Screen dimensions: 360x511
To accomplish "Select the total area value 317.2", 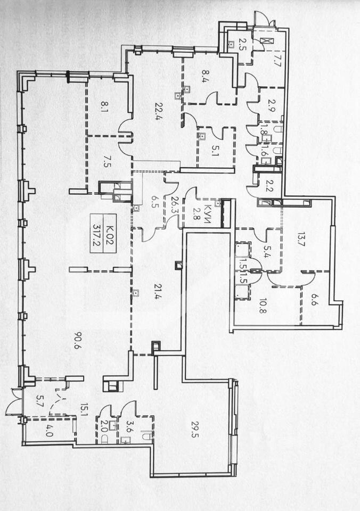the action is click(96, 233).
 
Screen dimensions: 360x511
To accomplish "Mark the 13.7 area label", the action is click(301, 240).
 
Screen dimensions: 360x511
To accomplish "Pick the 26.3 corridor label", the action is click(174, 204).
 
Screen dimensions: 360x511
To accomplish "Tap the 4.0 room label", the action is click(48, 430).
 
